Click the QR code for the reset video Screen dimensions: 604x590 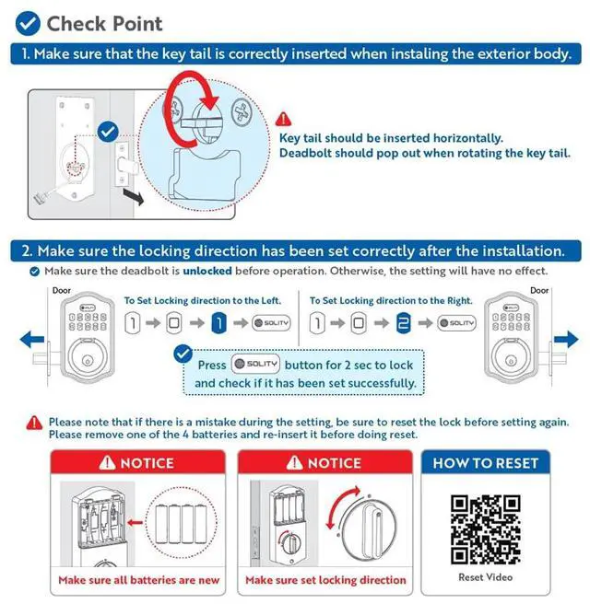pyautogui.click(x=485, y=528)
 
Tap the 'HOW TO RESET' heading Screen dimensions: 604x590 pyautogui.click(x=485, y=463)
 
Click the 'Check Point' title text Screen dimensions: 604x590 pyautogui.click(x=104, y=23)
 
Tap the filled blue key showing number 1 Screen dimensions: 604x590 pyautogui.click(x=218, y=322)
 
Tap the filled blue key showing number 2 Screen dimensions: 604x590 pyautogui.click(x=402, y=322)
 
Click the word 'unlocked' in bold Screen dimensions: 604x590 pyautogui.click(x=206, y=272)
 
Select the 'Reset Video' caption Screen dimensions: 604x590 pyautogui.click(x=485, y=577)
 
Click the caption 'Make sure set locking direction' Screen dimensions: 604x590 pyautogui.click(x=325, y=580)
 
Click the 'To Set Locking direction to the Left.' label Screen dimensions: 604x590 pyautogui.click(x=203, y=301)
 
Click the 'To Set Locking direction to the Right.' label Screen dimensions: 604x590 pyautogui.click(x=391, y=301)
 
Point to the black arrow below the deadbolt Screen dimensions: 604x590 pyautogui.click(x=135, y=195)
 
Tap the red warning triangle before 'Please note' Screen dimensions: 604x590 pyautogui.click(x=35, y=422)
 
